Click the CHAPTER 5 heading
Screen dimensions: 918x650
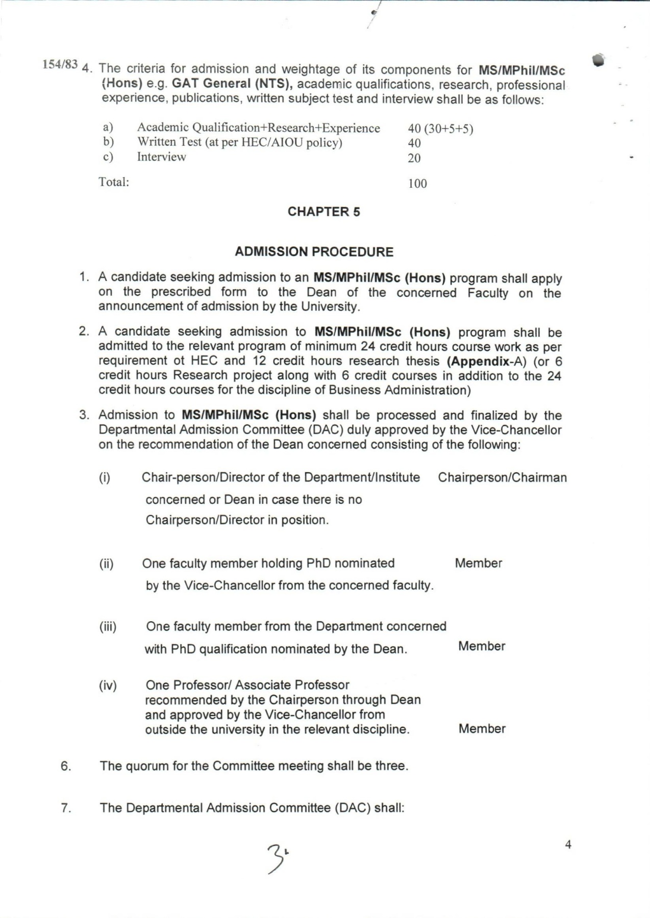[x=323, y=212]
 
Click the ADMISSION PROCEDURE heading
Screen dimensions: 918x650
[x=314, y=252]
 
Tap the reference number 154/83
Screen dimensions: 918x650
[x=60, y=64]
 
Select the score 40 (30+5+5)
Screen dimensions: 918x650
[x=440, y=129]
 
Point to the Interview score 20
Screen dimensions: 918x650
[x=414, y=158]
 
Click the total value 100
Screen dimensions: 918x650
[x=417, y=184]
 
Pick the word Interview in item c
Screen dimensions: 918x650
[x=161, y=157]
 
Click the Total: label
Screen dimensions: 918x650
[x=114, y=182]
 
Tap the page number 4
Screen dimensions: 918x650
[x=568, y=845]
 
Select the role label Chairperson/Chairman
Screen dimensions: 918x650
[x=502, y=477]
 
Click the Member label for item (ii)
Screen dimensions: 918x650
[x=478, y=563]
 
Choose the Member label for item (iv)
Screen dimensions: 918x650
[x=482, y=729]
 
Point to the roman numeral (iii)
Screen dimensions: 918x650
[x=108, y=626]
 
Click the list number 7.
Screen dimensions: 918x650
[x=66, y=808]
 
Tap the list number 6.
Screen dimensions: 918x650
[x=66, y=766]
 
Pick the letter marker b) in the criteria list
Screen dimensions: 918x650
[x=108, y=142]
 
